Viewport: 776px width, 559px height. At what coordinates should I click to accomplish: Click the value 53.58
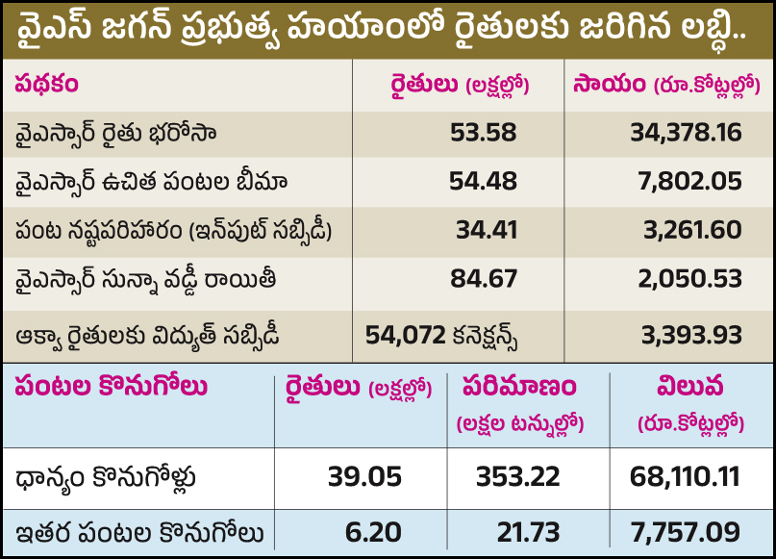pyautogui.click(x=483, y=133)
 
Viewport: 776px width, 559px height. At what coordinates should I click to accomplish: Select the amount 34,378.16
pyautogui.click(x=686, y=133)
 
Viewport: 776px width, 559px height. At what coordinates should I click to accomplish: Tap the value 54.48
pyautogui.click(x=483, y=181)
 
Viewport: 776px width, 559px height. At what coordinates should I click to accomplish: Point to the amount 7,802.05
pyautogui.click(x=693, y=181)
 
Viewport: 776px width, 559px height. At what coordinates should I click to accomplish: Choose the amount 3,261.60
pyautogui.click(x=693, y=230)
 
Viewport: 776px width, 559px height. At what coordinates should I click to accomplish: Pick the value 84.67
pyautogui.click(x=483, y=279)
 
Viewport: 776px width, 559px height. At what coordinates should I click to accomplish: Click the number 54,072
pyautogui.click(x=405, y=334)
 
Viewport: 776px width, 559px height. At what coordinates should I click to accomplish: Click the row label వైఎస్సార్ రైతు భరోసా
pyautogui.click(x=116, y=133)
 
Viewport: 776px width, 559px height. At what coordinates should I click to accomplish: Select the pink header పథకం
pyautogui.click(x=46, y=84)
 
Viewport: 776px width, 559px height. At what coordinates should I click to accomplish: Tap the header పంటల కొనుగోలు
pyautogui.click(x=111, y=387)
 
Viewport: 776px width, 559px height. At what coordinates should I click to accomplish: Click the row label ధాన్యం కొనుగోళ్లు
pyautogui.click(x=114, y=478)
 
